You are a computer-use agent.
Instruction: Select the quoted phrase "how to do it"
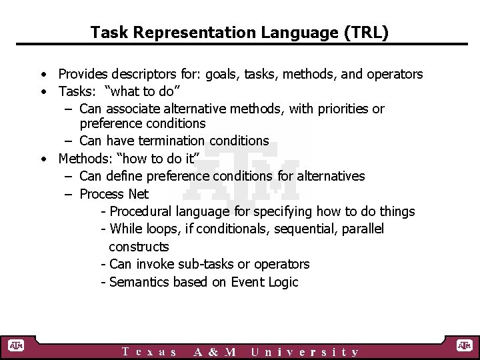point(151,159)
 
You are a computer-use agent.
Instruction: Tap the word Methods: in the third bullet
point(85,159)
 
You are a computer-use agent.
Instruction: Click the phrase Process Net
point(114,194)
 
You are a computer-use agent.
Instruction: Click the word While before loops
point(126,229)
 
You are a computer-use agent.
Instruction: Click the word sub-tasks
point(220,264)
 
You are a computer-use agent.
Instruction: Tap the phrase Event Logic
point(265,282)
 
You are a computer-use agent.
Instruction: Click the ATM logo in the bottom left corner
point(15,345)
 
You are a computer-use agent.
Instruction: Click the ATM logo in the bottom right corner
point(464,345)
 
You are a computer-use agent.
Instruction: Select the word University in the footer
point(305,352)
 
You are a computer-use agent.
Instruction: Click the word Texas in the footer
point(149,352)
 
